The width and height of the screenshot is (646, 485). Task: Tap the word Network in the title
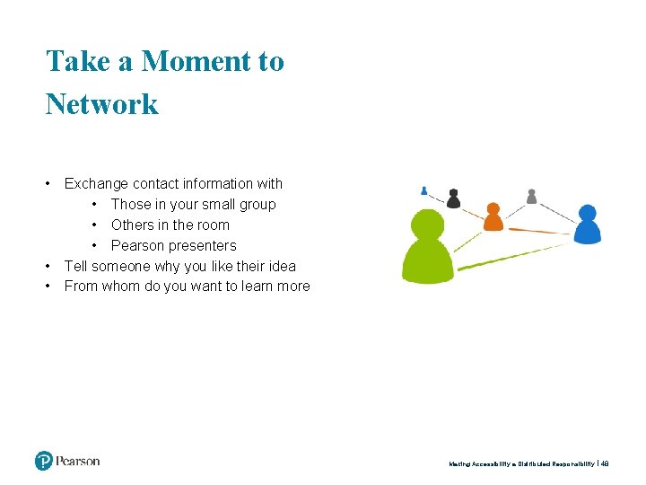tap(102, 103)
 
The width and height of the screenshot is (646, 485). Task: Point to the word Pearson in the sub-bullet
tap(136, 245)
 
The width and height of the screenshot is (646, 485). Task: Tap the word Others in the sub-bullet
tap(132, 225)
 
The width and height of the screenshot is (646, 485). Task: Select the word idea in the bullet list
tap(281, 266)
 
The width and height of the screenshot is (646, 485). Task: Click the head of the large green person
tap(427, 225)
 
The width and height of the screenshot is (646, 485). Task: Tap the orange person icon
tap(493, 217)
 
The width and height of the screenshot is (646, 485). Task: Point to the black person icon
tap(454, 198)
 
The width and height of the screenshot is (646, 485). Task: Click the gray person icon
tap(531, 196)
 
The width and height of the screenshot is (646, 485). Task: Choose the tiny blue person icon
tap(424, 190)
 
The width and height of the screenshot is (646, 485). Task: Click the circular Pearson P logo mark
tap(44, 462)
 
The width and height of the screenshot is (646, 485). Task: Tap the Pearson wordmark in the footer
tap(78, 462)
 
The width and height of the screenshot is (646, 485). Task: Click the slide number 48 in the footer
tap(605, 464)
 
